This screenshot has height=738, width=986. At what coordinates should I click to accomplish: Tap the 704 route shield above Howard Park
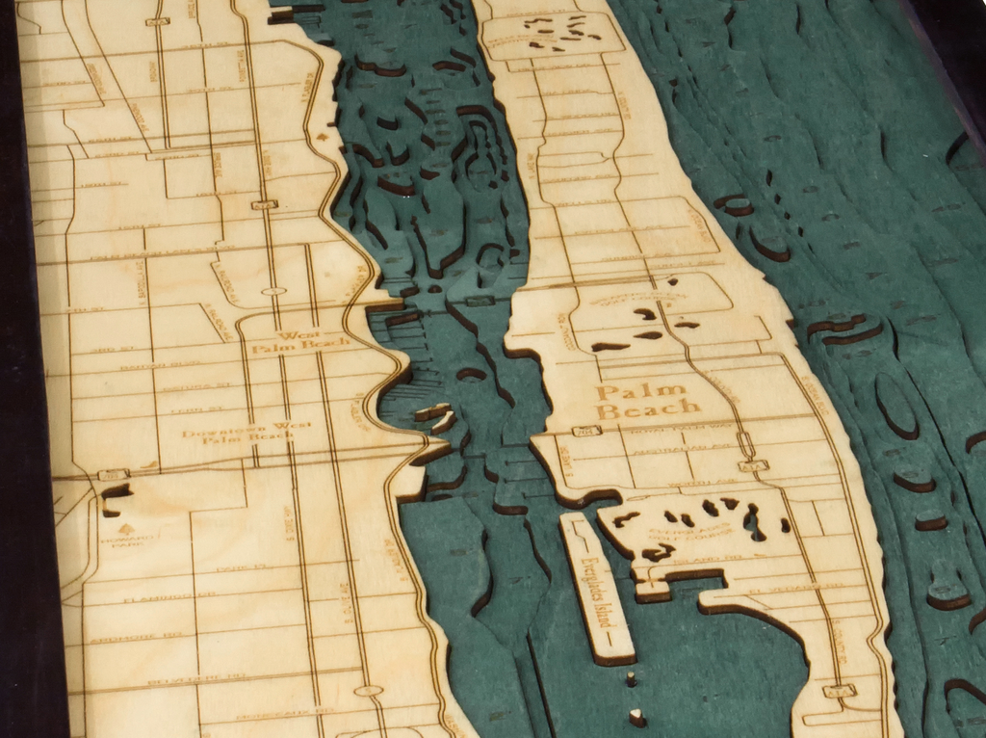pyautogui.click(x=113, y=474)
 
